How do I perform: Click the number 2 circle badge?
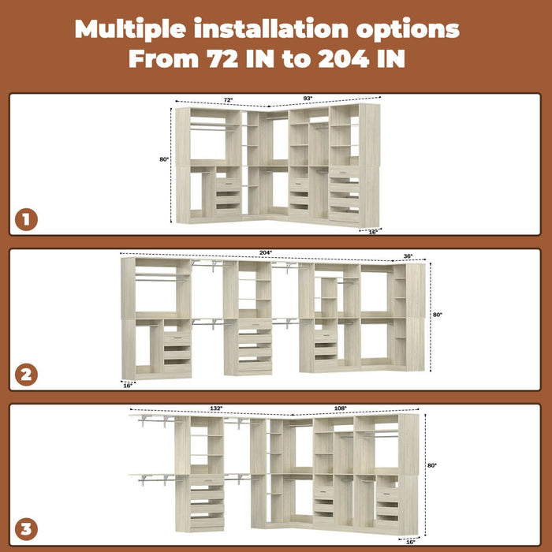coord(26,375)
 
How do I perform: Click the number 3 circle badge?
coord(26,529)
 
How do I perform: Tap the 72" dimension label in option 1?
coord(228,100)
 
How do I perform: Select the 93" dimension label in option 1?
coord(308,99)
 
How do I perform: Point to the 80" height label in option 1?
coord(164,159)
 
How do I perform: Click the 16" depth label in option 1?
coord(374,232)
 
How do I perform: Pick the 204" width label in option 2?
coord(266,252)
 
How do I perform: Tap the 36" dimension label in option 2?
coord(408,256)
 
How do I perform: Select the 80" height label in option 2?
coord(438,315)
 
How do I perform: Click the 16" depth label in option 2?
coord(128,386)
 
